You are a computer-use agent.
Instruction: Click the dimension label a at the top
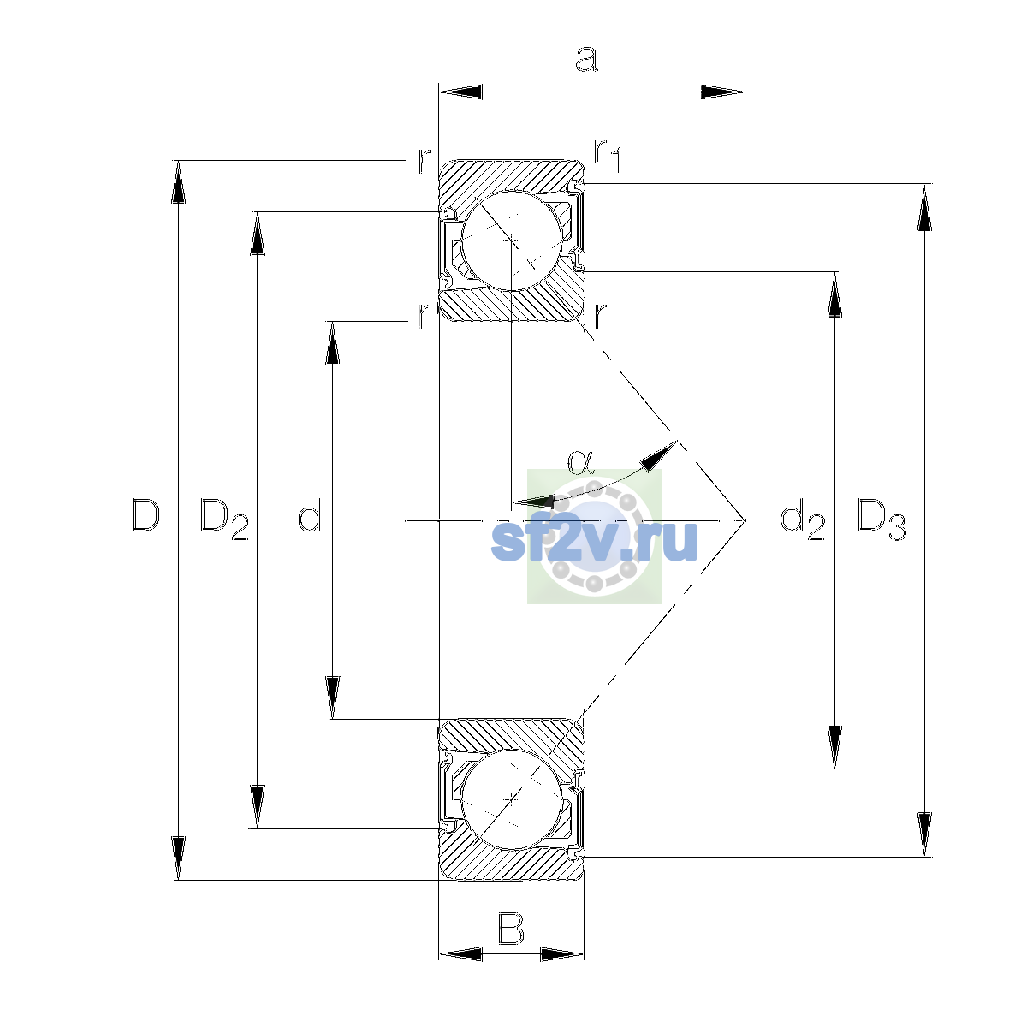pos(586,59)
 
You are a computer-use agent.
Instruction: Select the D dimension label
pos(145,515)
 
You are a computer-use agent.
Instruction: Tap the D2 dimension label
pos(224,519)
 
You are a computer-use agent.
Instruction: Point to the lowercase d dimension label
pos(310,515)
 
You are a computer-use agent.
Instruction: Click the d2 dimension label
pos(802,519)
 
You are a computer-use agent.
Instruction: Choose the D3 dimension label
pos(882,519)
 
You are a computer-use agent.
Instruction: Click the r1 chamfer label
pos(608,156)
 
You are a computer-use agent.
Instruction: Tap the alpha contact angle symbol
pos(579,461)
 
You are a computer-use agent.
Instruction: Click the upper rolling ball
pos(511,240)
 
